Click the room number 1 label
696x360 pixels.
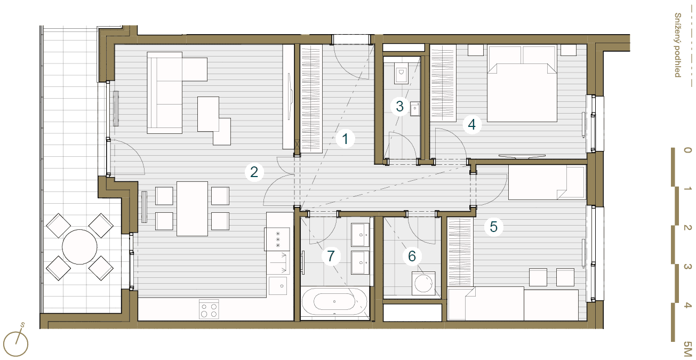345,139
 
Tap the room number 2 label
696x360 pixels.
254,172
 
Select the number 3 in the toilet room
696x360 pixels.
400,106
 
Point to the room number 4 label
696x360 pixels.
471,125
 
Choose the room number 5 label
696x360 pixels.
493,227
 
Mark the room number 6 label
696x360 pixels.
412,256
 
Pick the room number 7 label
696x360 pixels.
331,256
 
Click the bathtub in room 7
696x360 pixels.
334,302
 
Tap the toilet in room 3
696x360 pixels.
401,73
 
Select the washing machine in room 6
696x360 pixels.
423,283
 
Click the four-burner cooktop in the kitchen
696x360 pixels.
209,309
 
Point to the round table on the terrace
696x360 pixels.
79,247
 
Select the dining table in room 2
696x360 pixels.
193,209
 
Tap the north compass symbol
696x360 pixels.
15,342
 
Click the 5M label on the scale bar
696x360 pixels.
688,349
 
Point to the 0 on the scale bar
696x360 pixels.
687,150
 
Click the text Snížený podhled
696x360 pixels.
678,45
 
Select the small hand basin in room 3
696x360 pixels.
415,109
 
